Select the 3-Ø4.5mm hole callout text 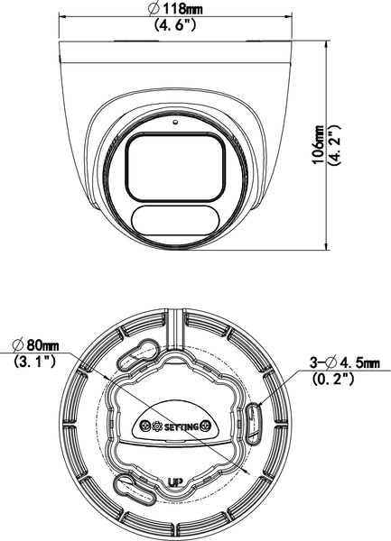click(x=344, y=362)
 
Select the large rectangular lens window click(x=173, y=164)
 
